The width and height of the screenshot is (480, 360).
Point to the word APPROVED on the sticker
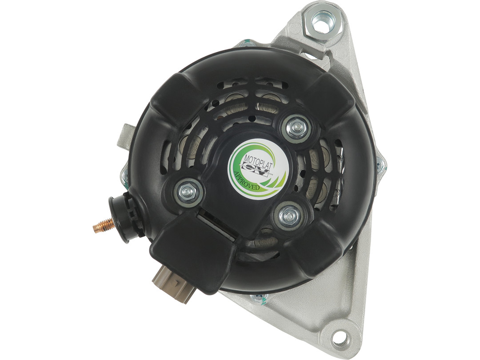pos(246,181)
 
